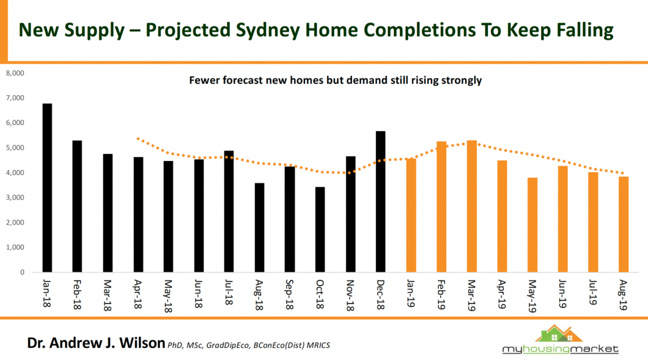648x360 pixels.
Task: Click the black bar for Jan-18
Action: [x=47, y=188]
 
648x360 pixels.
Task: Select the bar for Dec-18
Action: [x=380, y=202]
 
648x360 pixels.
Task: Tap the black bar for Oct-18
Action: [x=320, y=230]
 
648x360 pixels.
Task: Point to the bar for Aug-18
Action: [x=259, y=228]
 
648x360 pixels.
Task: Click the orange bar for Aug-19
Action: [x=623, y=224]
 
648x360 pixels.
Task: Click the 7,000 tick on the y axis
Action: [x=15, y=98]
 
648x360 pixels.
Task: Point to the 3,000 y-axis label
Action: [x=15, y=198]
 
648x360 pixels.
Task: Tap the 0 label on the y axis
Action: [x=22, y=273]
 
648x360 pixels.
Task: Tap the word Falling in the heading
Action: [x=580, y=30]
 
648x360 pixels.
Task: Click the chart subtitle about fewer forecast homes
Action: [x=335, y=80]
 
